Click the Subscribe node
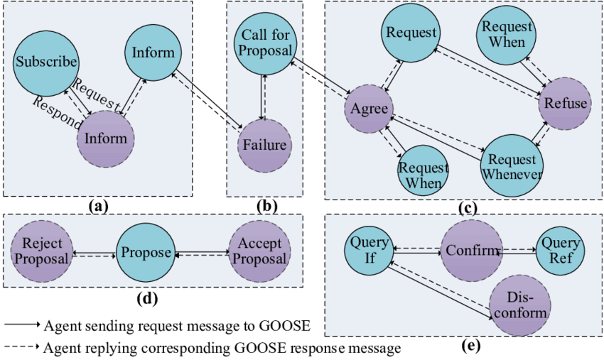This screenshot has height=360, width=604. tap(46, 62)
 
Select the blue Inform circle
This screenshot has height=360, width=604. tap(153, 53)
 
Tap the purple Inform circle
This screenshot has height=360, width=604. tap(106, 138)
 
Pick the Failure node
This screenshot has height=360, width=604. tap(264, 145)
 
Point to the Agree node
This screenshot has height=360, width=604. tap(370, 109)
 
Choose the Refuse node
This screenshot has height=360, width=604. tap(566, 104)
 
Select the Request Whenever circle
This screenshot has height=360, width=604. tap(511, 166)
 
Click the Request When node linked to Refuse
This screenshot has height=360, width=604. tap(507, 34)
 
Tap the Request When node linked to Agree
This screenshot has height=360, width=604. tap(423, 175)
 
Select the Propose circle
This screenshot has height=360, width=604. tap(146, 253)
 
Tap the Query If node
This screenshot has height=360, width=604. tap(370, 250)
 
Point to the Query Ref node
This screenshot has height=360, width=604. tap(561, 249)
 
